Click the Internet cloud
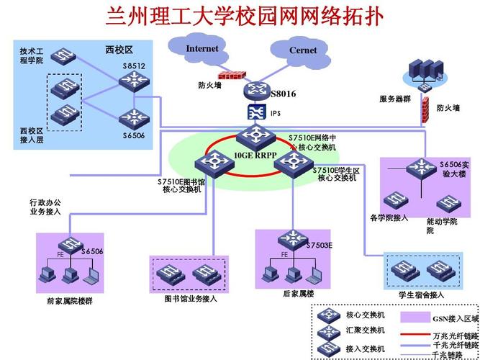click(201, 49)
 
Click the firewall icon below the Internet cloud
click(232, 75)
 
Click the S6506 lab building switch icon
click(420, 168)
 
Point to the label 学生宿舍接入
click(422, 295)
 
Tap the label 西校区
click(119, 50)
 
